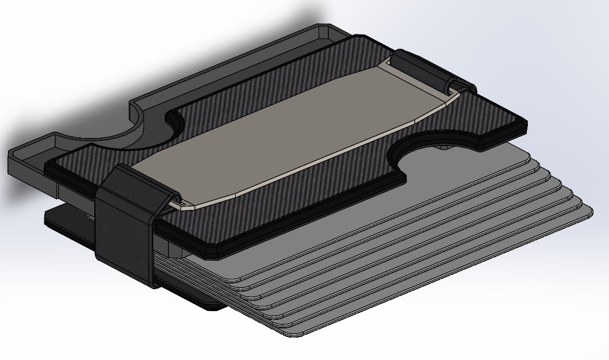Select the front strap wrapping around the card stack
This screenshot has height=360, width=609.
124,230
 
